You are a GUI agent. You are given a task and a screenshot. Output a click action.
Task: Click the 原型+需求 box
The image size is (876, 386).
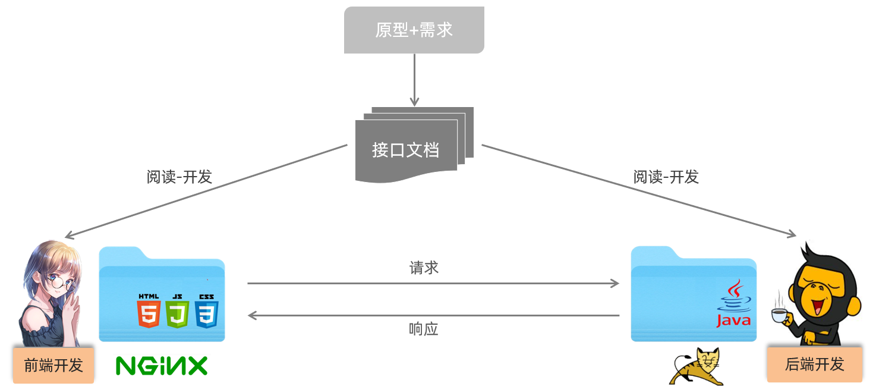click(x=414, y=30)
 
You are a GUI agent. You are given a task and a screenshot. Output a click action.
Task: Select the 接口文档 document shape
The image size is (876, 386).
click(x=407, y=149)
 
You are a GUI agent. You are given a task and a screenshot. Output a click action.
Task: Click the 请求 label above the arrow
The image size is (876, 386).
click(x=424, y=268)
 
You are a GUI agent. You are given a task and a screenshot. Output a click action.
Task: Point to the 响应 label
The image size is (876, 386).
click(x=424, y=329)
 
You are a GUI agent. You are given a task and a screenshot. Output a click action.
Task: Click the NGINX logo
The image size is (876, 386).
click(x=162, y=365)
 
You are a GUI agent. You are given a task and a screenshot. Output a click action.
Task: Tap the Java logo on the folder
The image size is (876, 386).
click(x=733, y=305)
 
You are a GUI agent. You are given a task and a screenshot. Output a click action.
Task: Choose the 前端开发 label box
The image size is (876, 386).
click(x=53, y=365)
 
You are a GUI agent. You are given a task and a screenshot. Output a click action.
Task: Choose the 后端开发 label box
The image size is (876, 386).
click(x=814, y=364)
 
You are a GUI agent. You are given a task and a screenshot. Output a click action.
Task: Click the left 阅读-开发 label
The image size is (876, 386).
click(x=179, y=177)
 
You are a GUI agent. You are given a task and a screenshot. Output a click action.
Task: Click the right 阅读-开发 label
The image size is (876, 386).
click(x=666, y=177)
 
